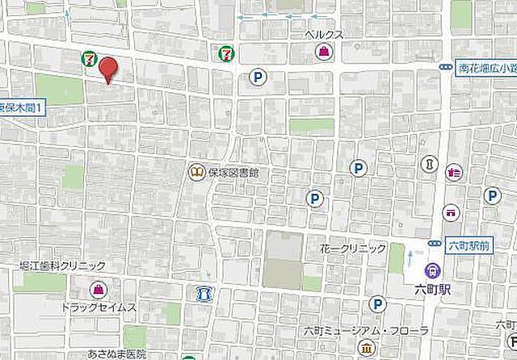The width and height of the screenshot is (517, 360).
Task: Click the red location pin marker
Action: (x=107, y=69)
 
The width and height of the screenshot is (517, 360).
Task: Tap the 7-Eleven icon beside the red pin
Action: (x=88, y=59)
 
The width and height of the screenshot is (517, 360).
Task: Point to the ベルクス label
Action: (x=324, y=36)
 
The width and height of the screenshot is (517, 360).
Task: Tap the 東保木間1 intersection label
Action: (x=22, y=106)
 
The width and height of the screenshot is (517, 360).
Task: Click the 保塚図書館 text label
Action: (x=233, y=172)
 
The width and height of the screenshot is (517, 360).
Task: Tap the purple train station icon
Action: (x=434, y=270)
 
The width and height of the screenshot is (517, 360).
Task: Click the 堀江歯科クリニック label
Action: (x=63, y=266)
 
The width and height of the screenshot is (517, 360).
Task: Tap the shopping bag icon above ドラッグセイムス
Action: (x=98, y=288)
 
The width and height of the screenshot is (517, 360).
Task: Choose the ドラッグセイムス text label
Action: (x=99, y=308)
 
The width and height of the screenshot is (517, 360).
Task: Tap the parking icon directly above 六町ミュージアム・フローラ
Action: (x=376, y=303)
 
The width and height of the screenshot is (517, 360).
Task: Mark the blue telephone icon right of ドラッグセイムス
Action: (x=203, y=293)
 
